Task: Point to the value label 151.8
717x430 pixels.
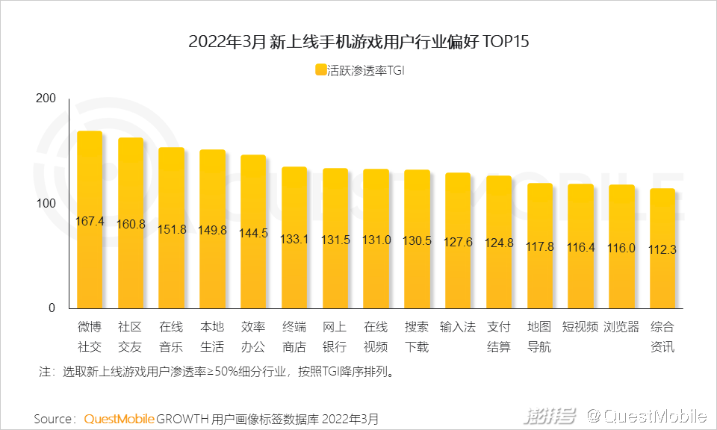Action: pos(172,229)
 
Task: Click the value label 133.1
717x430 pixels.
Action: pos(294,239)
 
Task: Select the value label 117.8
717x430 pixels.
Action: pos(540,246)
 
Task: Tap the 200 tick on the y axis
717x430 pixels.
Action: pos(46,99)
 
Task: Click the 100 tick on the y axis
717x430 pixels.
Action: pos(46,204)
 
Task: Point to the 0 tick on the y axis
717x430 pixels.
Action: pos(52,308)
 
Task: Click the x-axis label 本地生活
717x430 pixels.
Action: pos(212,337)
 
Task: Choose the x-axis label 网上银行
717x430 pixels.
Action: pos(335,337)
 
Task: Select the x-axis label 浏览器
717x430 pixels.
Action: pos(621,327)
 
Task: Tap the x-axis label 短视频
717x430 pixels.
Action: pos(580,327)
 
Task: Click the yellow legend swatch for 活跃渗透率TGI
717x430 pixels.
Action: pos(320,70)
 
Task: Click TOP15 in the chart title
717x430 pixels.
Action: pos(506,42)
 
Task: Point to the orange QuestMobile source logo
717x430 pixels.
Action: pos(119,419)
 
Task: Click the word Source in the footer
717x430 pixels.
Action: pos(53,419)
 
